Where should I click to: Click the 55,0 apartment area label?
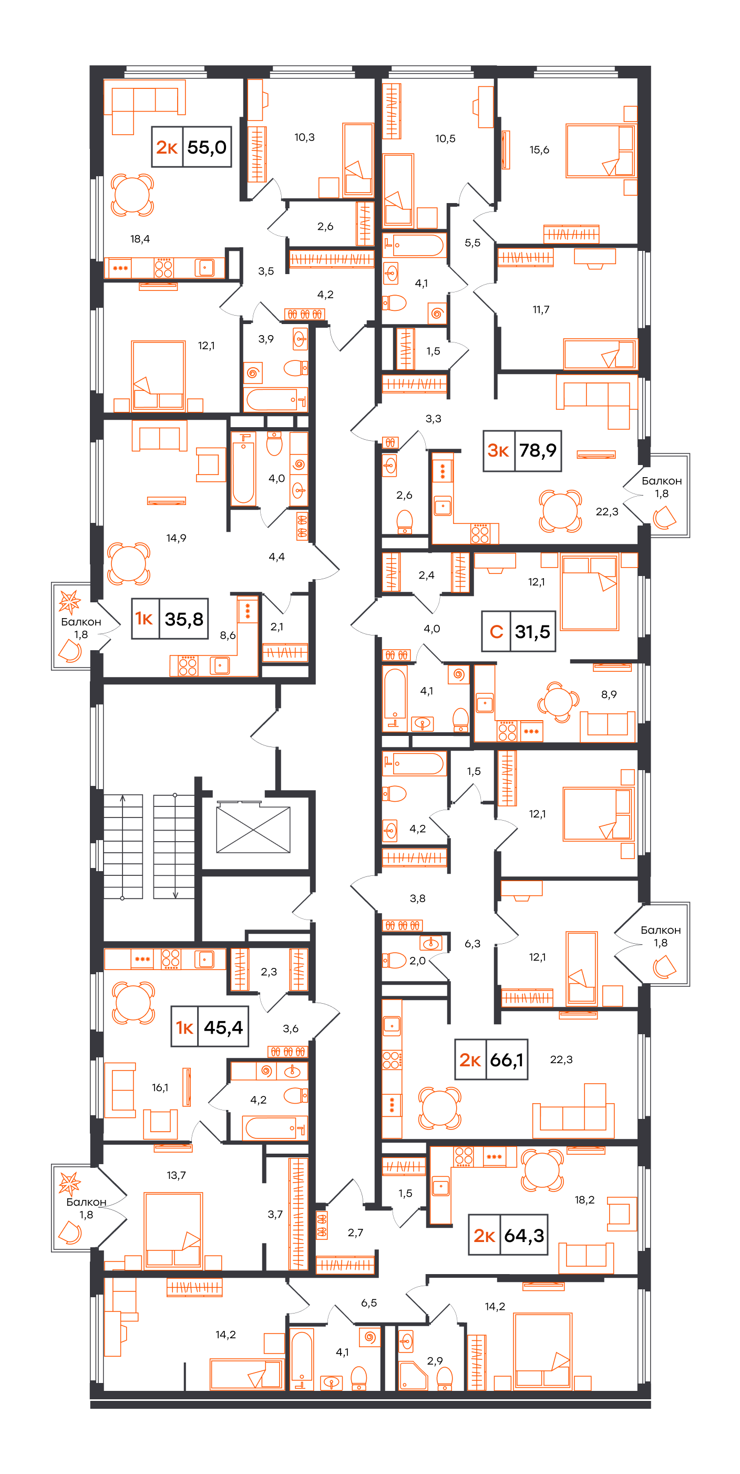point(207,147)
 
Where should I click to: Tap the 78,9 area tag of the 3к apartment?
point(538,450)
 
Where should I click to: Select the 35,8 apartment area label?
point(184,619)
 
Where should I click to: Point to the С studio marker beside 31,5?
point(496,632)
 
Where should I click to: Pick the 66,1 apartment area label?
point(507,1059)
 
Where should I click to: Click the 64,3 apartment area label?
point(524,1235)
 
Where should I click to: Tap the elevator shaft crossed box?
point(253,829)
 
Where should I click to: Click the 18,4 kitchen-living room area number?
point(140,239)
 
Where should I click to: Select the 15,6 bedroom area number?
point(539,150)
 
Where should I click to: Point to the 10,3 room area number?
point(305,137)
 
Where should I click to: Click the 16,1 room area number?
point(160,1088)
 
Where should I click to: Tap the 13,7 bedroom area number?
point(176,1175)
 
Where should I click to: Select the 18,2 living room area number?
point(584,1200)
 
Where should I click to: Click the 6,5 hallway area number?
point(369,1303)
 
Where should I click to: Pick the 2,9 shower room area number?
point(435,1361)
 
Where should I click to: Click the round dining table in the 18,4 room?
point(132,195)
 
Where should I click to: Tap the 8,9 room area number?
point(609,694)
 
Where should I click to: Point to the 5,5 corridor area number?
point(472,243)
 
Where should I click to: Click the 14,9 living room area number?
point(176,538)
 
